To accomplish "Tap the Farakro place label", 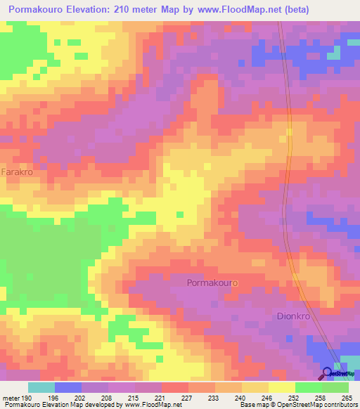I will (17, 171).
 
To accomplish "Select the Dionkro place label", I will (294, 316).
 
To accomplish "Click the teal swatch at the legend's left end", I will (41, 387).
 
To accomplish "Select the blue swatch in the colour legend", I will (67, 387).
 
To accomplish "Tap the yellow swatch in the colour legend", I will (281, 387).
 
